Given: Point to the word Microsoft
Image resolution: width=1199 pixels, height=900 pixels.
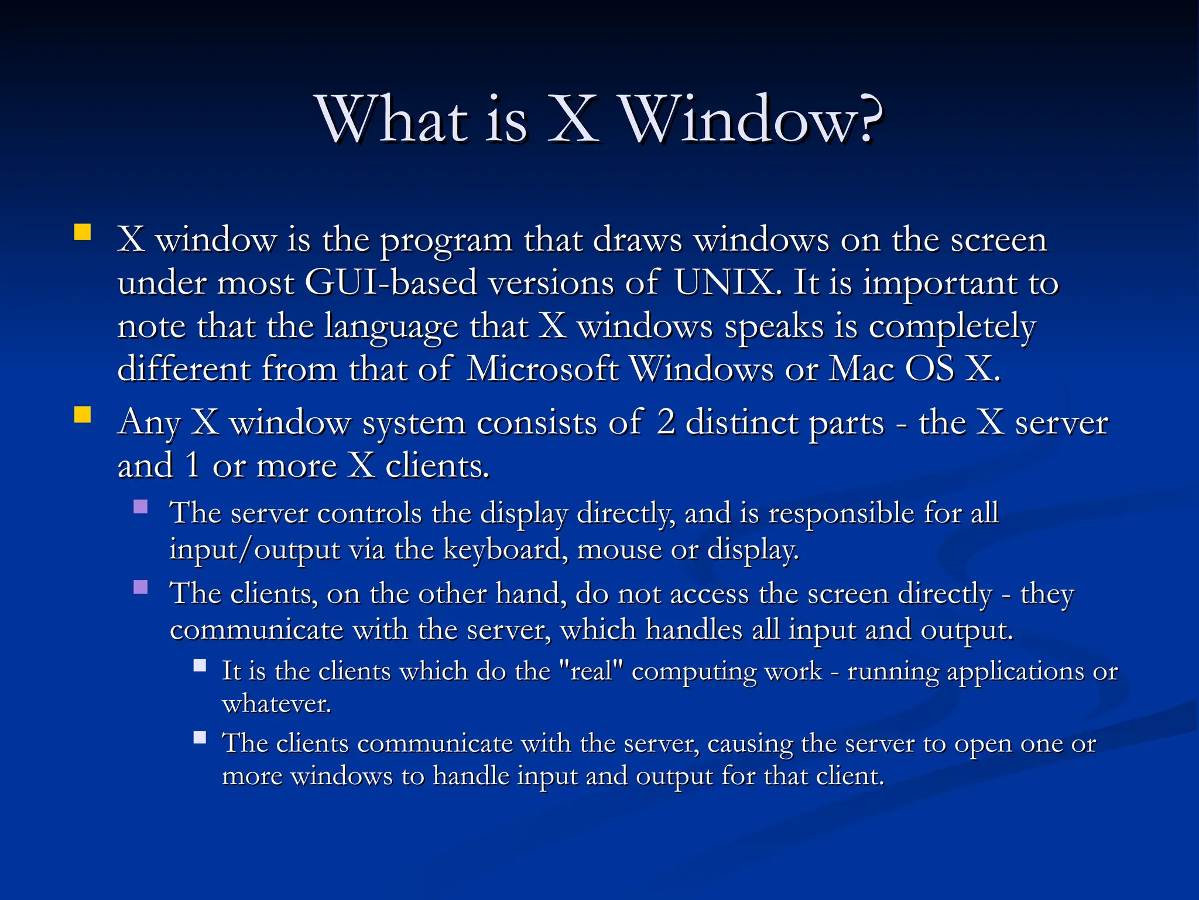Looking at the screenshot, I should tap(542, 369).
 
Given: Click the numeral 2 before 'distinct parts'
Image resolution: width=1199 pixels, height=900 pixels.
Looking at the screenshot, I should tap(666, 422).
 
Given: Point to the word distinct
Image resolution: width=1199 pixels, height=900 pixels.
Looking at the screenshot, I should tap(743, 422).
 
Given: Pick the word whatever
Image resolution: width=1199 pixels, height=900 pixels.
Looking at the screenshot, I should tap(276, 704).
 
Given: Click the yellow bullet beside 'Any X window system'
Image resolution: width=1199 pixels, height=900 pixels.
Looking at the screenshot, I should tap(83, 415).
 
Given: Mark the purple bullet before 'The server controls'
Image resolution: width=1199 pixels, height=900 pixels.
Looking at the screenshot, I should tap(141, 506).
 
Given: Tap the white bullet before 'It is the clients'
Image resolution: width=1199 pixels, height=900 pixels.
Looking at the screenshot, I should tap(200, 666).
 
